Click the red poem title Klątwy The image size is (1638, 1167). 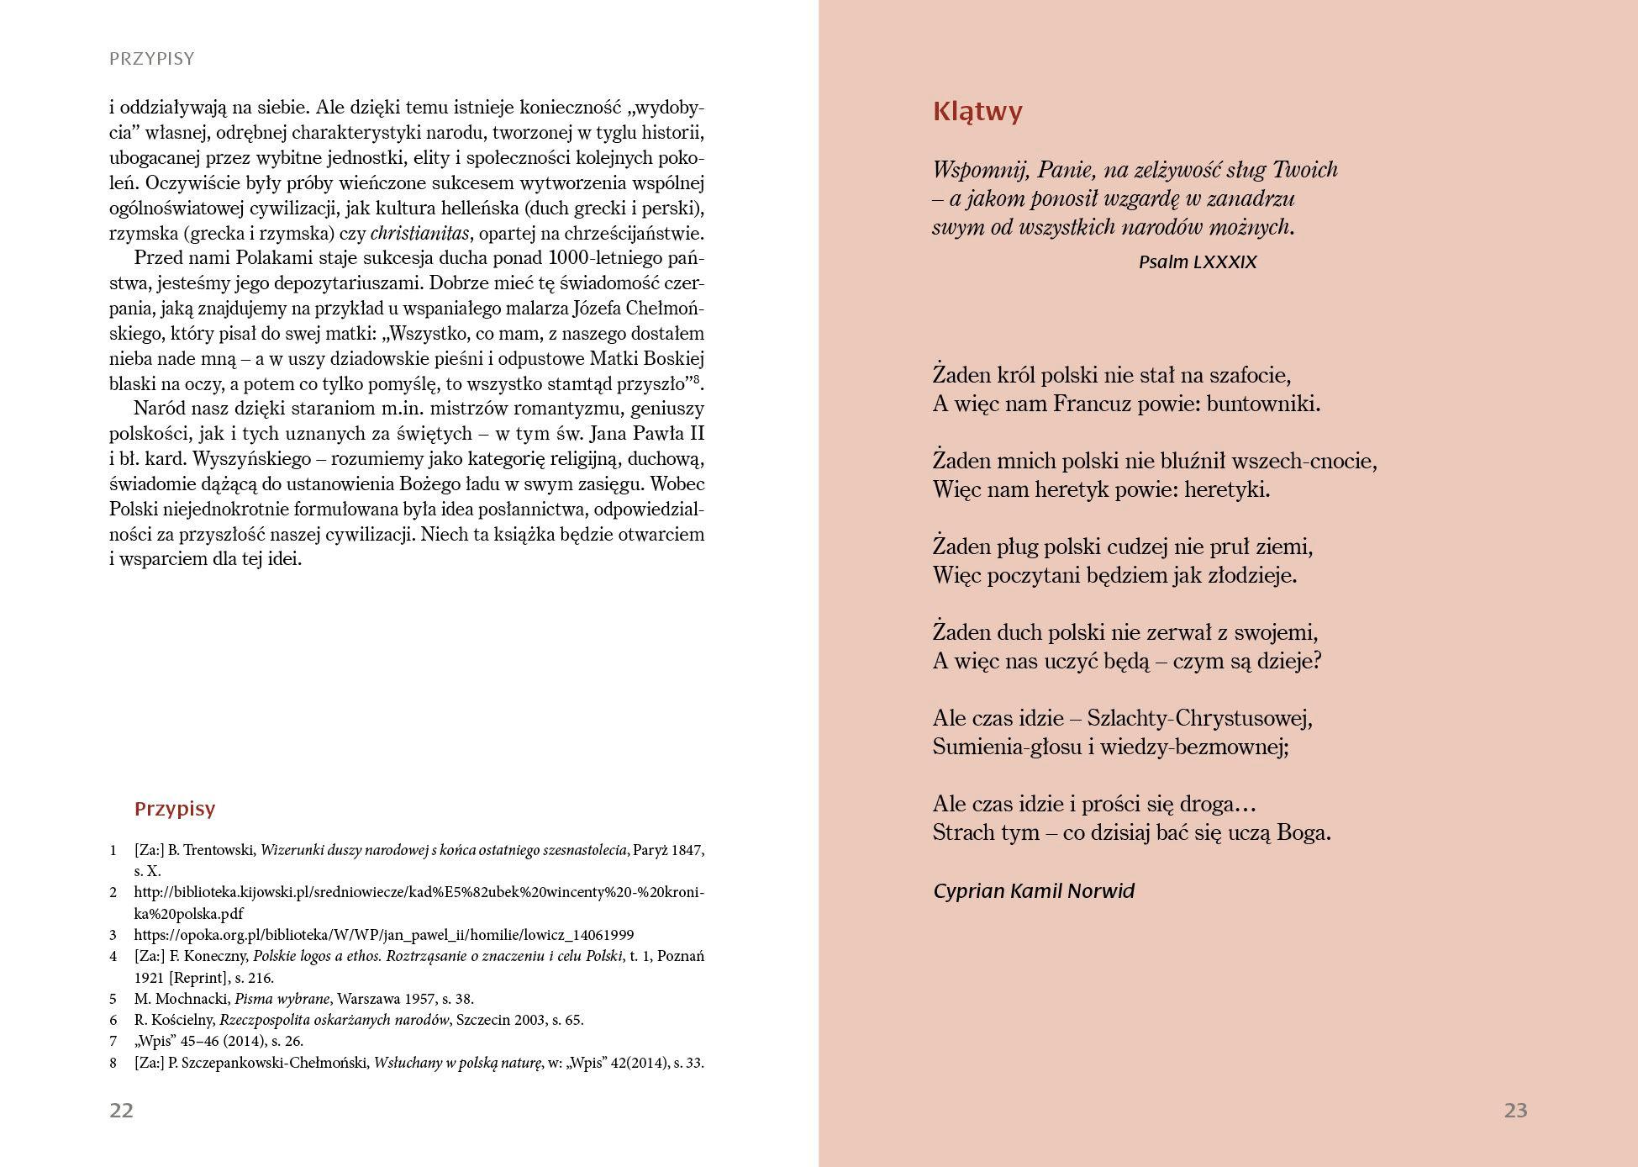(977, 112)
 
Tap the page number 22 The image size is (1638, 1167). (121, 1111)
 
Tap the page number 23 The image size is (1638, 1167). (1515, 1111)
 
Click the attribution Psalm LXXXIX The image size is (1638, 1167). (1197, 262)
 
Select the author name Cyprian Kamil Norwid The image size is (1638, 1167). (1033, 891)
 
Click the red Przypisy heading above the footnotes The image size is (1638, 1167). (175, 809)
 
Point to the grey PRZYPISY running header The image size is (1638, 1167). (152, 59)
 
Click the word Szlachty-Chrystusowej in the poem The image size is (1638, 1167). (1198, 719)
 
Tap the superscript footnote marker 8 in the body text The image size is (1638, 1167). (696, 379)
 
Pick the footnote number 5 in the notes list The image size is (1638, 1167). (113, 999)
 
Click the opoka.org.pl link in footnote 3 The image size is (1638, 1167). (383, 935)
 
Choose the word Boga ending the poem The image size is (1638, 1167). (1303, 833)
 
